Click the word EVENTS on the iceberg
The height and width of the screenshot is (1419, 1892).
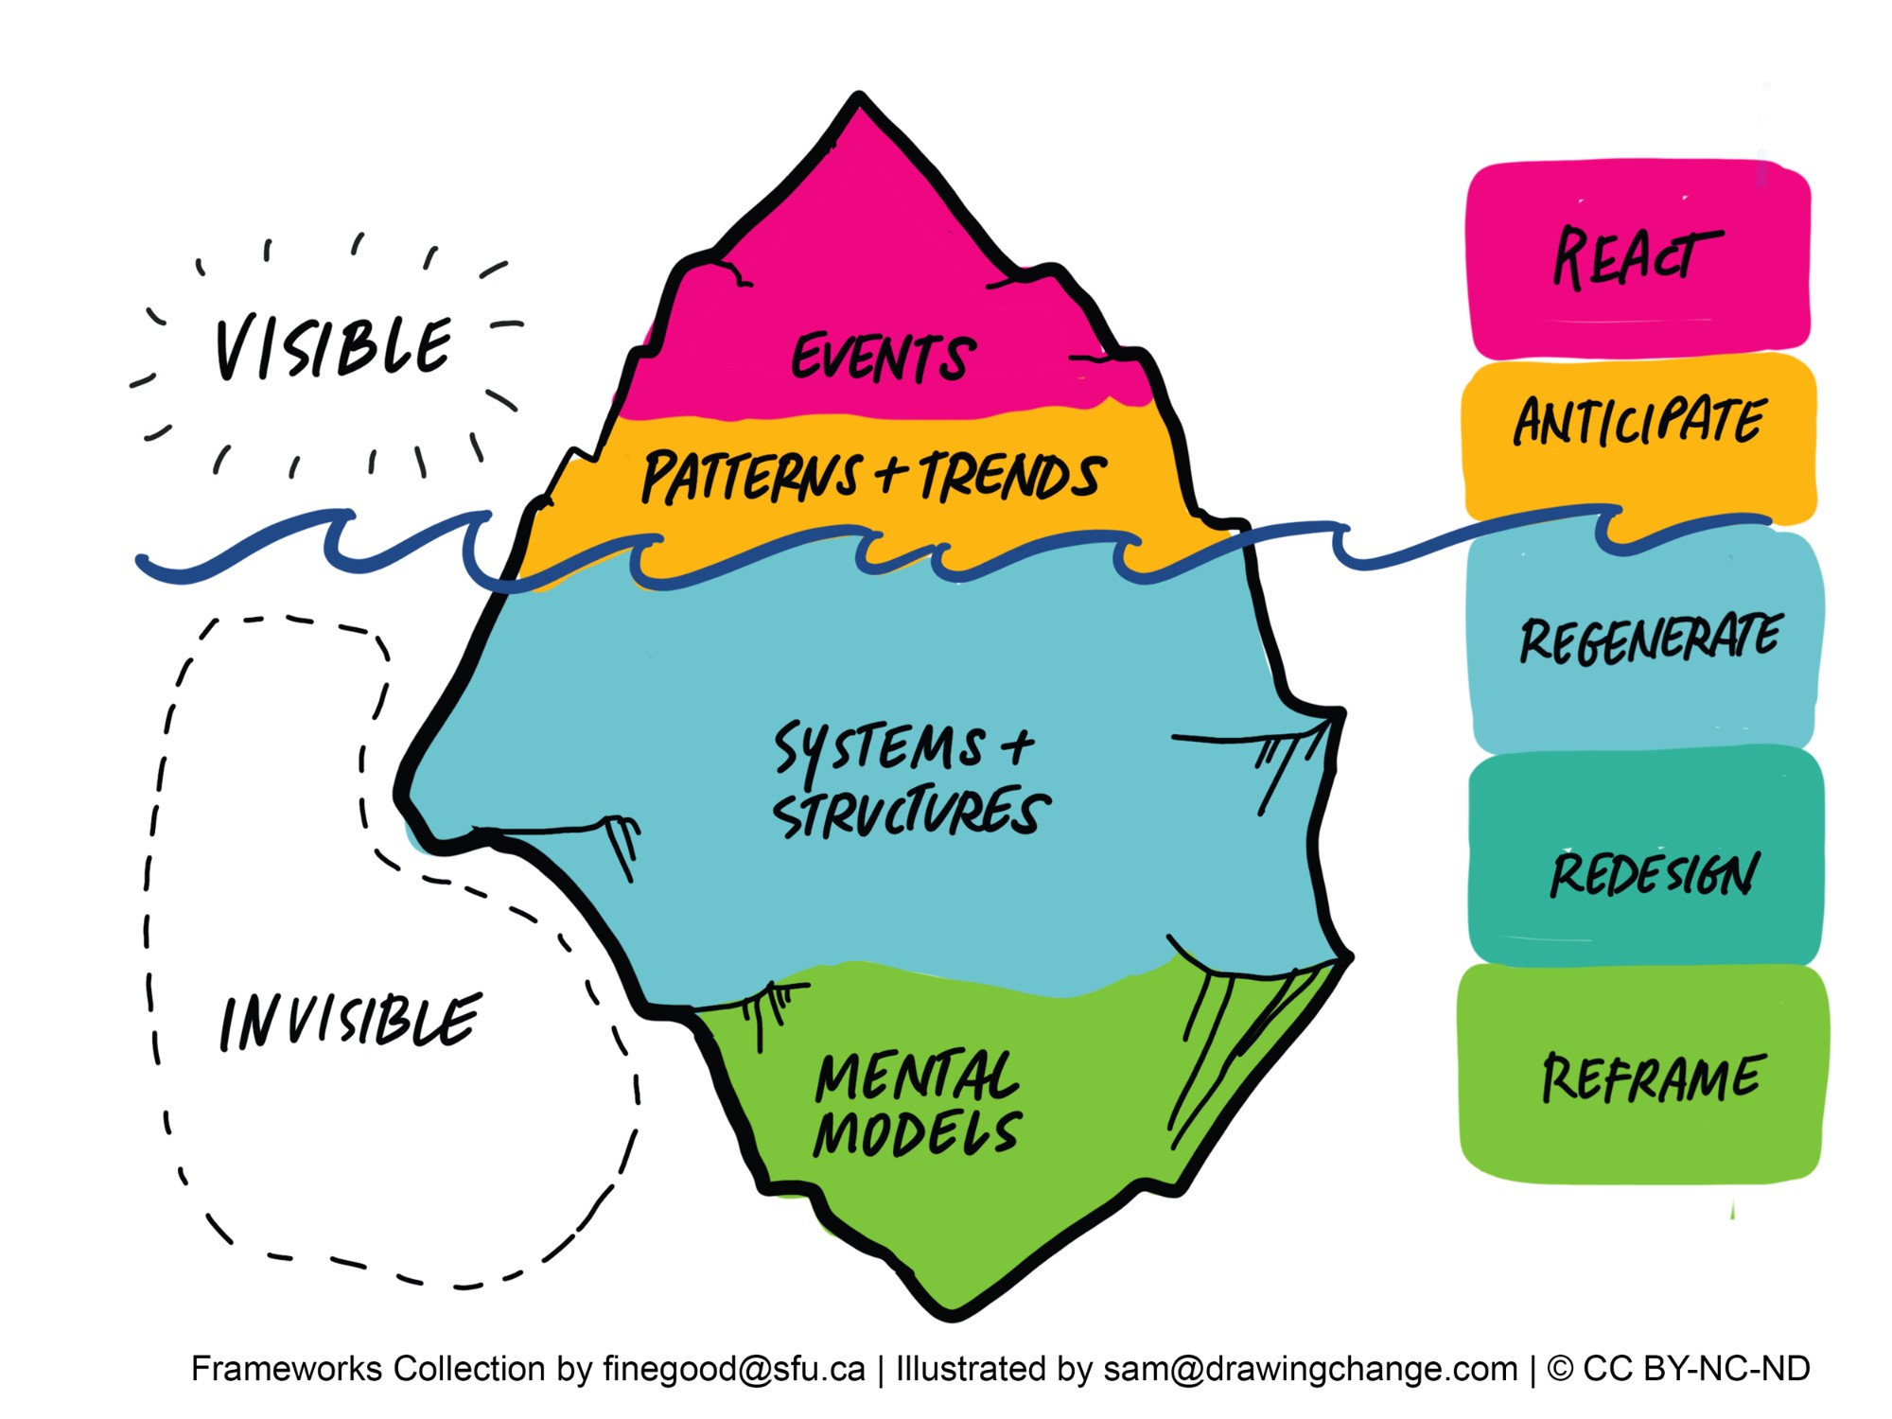click(x=882, y=358)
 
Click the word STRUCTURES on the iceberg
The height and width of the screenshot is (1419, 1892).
click(x=910, y=813)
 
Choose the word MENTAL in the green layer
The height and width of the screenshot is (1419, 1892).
click(x=917, y=1076)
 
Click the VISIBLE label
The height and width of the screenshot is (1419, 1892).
click(x=333, y=347)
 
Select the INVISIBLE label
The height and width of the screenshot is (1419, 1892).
click(x=350, y=1022)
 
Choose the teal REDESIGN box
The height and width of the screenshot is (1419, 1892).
click(x=1652, y=872)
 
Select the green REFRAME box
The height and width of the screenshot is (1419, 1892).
click(x=1652, y=1077)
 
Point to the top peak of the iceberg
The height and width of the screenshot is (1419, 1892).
click(x=859, y=100)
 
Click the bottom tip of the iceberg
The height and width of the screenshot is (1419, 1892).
click(x=953, y=1313)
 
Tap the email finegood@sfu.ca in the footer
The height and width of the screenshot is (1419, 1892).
click(x=733, y=1369)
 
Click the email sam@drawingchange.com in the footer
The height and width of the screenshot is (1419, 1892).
click(x=1310, y=1369)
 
